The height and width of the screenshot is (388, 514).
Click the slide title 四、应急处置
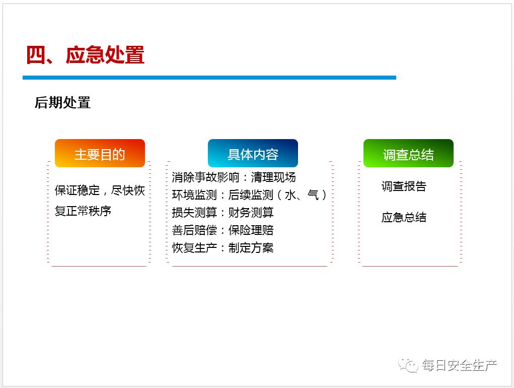coord(85,55)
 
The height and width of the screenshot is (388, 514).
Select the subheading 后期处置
coord(62,103)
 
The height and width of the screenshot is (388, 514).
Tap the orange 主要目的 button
coord(100,154)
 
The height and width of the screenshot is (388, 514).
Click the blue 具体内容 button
coord(253,154)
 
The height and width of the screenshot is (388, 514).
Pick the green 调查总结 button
coord(408,154)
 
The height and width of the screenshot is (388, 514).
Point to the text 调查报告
coord(404,186)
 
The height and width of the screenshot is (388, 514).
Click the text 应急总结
coord(404,217)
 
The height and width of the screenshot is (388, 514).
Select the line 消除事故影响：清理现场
coord(234,177)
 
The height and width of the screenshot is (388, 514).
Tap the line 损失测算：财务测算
coord(223,213)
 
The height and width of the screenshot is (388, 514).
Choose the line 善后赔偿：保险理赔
coord(223,230)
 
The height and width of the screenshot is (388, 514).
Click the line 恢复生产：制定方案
coord(223,248)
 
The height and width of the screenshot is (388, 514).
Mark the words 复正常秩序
coord(83,211)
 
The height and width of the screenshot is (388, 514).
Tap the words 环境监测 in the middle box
coord(194,195)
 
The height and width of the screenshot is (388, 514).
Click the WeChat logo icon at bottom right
coord(408,365)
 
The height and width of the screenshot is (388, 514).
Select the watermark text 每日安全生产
coord(459,365)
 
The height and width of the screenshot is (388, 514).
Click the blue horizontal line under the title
coord(209,78)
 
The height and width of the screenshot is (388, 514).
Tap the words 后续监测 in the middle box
coord(251,195)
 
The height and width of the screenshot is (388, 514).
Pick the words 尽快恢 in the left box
coord(128,191)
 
